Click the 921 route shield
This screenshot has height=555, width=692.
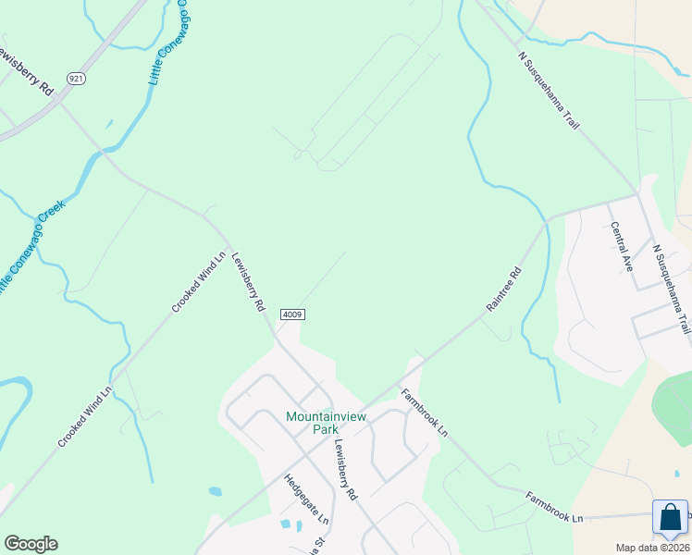77,80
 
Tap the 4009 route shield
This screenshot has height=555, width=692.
291,314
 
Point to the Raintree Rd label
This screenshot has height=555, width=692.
504,290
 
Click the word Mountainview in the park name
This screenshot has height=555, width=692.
326,416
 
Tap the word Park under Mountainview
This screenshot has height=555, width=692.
326,429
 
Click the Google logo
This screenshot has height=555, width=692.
31,544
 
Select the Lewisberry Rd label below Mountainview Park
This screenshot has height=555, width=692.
344,468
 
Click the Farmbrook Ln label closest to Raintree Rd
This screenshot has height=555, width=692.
425,413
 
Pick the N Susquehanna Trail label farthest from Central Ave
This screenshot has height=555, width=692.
549,89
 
